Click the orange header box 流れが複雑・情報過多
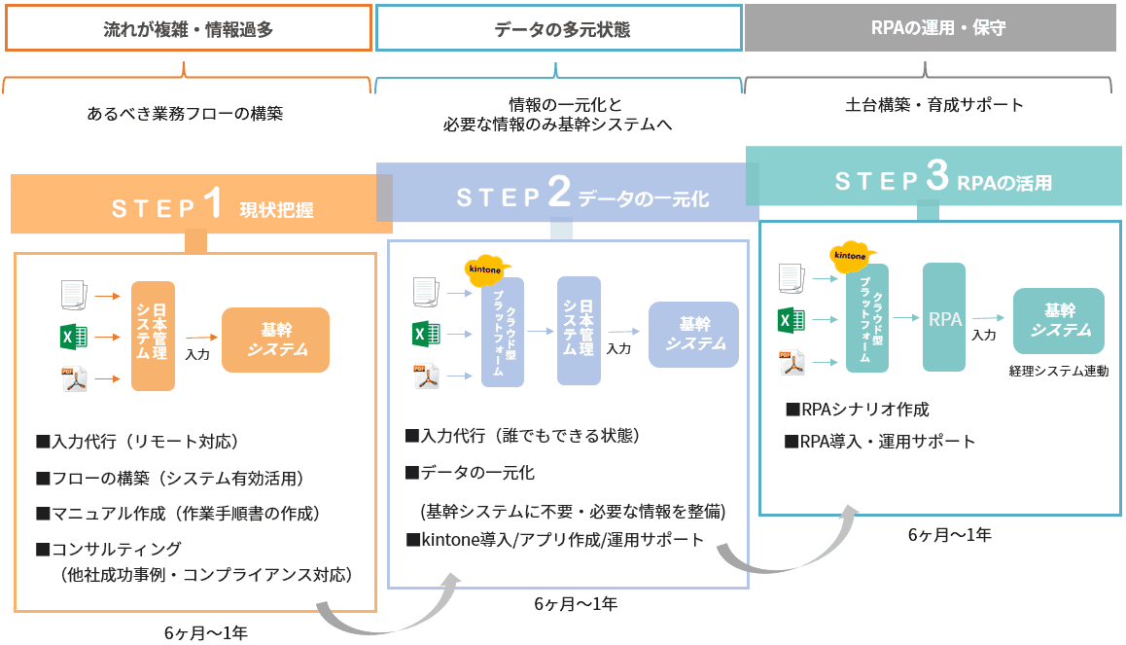tap(189, 29)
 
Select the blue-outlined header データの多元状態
tap(558, 29)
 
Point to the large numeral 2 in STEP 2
tap(558, 194)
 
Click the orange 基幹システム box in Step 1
tap(276, 340)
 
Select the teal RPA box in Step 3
tap(944, 317)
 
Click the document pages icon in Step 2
tap(426, 290)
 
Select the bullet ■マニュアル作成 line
tap(178, 513)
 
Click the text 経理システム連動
tap(1059, 371)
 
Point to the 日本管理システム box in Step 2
tap(579, 330)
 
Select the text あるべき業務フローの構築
tap(185, 114)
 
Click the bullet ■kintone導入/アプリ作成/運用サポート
tap(554, 540)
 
